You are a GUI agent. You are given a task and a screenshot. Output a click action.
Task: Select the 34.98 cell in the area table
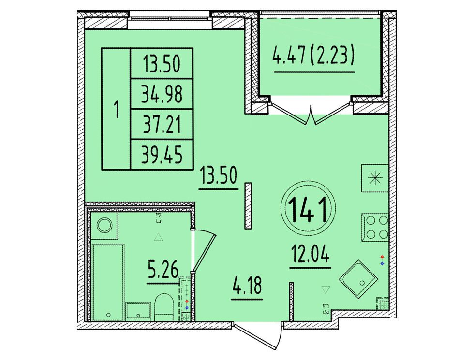point(162,94)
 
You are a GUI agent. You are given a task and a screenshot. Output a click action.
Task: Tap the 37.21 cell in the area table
point(162,125)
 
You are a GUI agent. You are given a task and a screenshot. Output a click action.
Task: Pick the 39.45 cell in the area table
point(162,154)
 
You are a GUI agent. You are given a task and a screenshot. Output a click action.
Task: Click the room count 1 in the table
point(116,109)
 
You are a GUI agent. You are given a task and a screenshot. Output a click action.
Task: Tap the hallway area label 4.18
point(247,286)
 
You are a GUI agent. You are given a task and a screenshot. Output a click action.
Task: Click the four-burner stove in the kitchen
point(375,227)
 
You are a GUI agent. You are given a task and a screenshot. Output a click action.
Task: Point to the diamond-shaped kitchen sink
point(359,279)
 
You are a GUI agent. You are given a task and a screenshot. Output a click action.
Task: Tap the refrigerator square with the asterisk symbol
point(375,178)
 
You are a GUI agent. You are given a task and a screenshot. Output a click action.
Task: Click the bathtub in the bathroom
point(107,282)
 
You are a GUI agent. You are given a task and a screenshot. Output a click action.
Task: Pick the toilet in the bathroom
point(163,306)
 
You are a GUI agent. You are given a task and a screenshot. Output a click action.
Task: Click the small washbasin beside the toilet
point(138,312)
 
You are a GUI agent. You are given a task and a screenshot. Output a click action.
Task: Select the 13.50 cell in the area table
point(162,63)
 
